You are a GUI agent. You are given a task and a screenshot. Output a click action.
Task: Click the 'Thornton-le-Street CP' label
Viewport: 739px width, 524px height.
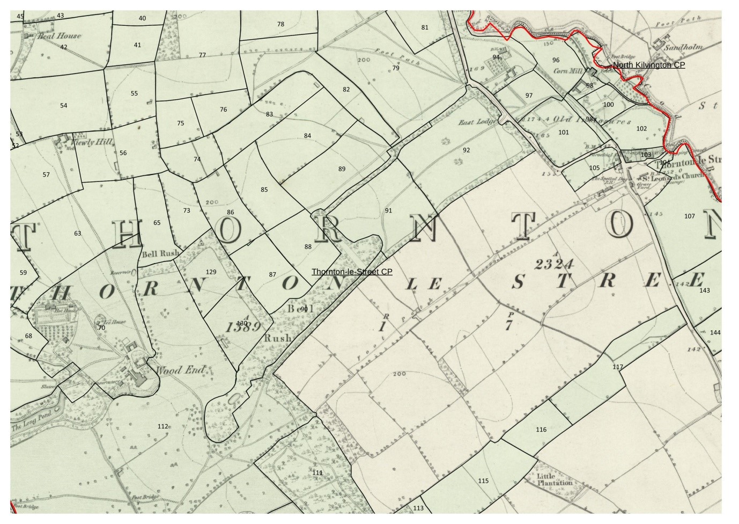coord(352,272)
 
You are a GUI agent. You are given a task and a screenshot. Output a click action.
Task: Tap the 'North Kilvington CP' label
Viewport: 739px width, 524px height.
coord(648,65)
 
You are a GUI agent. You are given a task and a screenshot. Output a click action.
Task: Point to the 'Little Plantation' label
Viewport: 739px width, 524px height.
coord(555,479)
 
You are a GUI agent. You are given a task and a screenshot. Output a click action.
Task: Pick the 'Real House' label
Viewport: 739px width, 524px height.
coord(60,36)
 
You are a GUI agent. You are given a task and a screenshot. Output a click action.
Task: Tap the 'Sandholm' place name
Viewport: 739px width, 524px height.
coord(683,47)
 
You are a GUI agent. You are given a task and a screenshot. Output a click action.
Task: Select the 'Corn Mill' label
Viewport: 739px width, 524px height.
coord(567,71)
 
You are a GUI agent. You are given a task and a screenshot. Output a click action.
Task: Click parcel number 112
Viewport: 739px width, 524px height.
coord(163,426)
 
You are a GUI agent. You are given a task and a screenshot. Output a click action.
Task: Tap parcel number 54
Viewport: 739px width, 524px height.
coord(64,106)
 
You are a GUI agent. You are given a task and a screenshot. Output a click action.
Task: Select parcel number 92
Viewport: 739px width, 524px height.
coord(466,150)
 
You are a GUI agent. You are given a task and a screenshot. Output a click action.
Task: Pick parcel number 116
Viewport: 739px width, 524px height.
coord(541,430)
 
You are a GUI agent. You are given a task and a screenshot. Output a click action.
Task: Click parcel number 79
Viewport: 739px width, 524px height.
coord(396,68)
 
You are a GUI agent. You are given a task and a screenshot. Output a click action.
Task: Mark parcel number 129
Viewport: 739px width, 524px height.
coord(211,272)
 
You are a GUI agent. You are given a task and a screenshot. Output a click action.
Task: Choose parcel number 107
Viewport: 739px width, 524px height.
coord(689,216)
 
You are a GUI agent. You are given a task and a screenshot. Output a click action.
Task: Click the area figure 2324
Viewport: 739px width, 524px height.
coord(555,264)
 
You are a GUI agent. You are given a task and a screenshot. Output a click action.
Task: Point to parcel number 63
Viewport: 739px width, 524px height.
coord(78,234)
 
